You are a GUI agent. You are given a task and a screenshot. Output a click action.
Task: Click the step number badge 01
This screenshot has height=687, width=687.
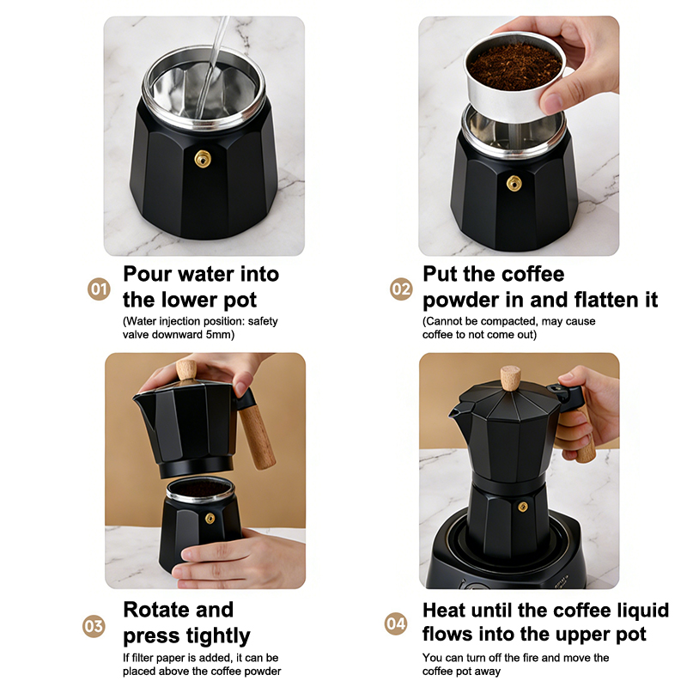click(x=99, y=289)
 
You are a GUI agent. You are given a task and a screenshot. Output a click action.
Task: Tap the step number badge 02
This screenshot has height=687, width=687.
click(x=401, y=289)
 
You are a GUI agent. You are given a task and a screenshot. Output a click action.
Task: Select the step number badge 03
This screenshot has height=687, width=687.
click(x=94, y=626)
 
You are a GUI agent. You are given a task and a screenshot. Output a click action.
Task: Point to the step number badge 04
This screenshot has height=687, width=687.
click(x=396, y=623)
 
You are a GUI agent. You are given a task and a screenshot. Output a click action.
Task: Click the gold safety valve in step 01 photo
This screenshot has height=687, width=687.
click(x=203, y=159)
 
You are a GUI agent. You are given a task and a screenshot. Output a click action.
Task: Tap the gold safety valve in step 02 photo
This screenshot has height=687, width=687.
click(x=514, y=184)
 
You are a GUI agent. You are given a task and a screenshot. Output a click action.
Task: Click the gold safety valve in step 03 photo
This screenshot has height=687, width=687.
click(x=210, y=519)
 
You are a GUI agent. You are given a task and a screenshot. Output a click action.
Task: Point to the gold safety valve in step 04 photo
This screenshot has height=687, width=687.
click(x=523, y=507)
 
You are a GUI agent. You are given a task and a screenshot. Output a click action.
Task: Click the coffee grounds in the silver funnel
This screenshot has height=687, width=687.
click(x=514, y=67)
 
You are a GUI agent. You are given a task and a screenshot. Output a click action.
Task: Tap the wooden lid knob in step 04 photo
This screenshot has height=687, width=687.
click(x=510, y=378)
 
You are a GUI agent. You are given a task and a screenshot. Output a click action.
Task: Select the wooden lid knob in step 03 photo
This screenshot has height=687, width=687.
click(x=186, y=371)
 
